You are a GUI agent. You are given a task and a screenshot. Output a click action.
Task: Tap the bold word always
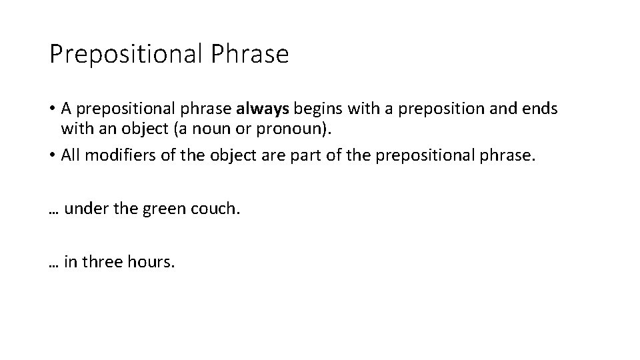click(x=263, y=108)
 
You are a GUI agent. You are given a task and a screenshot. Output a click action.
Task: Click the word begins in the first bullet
click(x=315, y=108)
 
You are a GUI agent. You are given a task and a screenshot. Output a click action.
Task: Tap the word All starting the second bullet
click(x=70, y=155)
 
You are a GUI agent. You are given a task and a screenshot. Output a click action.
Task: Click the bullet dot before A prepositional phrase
click(x=52, y=109)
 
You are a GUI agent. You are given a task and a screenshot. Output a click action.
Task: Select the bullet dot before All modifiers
click(x=52, y=156)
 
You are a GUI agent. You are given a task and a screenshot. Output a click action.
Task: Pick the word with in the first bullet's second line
click(x=73, y=127)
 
